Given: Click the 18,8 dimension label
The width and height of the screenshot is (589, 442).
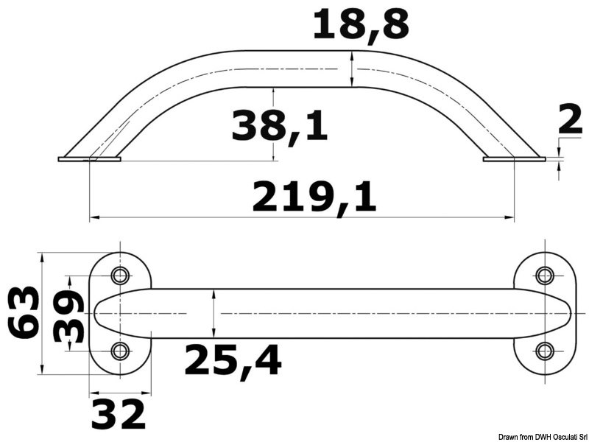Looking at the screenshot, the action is click(x=361, y=25).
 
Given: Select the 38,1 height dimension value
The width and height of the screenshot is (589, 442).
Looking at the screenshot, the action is click(x=280, y=125).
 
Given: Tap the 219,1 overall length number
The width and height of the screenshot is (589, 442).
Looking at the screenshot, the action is click(x=314, y=197).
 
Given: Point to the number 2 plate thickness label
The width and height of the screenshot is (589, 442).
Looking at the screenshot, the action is click(x=570, y=119).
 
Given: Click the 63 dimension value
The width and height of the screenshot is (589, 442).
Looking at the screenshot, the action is click(x=24, y=312).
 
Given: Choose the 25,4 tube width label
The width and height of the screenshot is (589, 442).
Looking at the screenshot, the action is click(x=233, y=361).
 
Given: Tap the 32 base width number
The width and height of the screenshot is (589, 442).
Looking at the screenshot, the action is click(x=119, y=414).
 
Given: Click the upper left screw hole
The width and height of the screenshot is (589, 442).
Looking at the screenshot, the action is click(x=120, y=276).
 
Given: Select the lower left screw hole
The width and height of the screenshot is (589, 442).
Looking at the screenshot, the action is click(x=120, y=351).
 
